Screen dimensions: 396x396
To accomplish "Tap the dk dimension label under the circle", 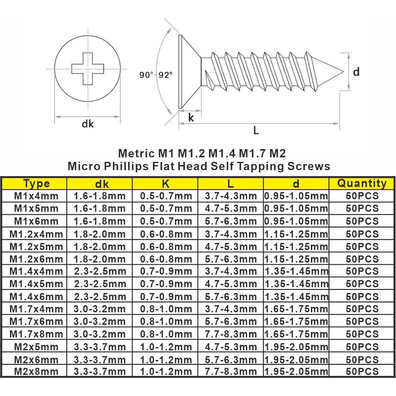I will tap(87, 123).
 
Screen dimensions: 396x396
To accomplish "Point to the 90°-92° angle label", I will tap(156, 75).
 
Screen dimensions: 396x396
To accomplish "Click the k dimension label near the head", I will tap(191, 118).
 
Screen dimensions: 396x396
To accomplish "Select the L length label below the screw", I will tap(256, 130).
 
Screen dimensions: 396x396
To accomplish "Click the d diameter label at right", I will tap(356, 72).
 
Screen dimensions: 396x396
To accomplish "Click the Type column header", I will tap(36, 184).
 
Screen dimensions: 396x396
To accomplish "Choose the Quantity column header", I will tap(362, 183).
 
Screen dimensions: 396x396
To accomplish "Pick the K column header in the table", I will tap(165, 184).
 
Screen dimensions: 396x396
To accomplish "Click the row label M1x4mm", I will tap(36, 196).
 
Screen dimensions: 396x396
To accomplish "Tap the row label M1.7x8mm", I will tap(36, 334).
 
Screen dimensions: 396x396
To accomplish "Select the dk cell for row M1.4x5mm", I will tap(100, 284).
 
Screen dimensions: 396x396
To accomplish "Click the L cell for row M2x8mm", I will tap(231, 372).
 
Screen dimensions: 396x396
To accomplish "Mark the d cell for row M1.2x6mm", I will tap(296, 259).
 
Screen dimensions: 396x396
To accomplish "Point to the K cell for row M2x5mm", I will tap(166, 347).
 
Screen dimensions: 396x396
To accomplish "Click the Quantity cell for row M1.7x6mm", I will tap(362, 322).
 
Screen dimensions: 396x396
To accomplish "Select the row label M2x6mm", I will tap(36, 360).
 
